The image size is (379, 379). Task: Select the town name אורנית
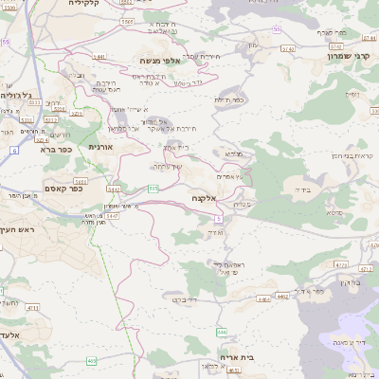tap(100, 147)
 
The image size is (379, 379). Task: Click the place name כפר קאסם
tap(63, 189)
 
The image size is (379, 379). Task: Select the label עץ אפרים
tap(230, 176)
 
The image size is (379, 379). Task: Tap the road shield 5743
tap(334, 45)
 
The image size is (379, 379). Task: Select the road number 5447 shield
tap(113, 216)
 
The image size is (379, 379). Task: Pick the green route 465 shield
tap(91, 360)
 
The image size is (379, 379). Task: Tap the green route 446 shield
tap(221, 332)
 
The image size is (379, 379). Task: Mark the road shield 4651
tap(233, 370)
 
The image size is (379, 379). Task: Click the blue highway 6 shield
tap(13, 151)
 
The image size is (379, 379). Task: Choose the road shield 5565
tap(127, 20)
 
